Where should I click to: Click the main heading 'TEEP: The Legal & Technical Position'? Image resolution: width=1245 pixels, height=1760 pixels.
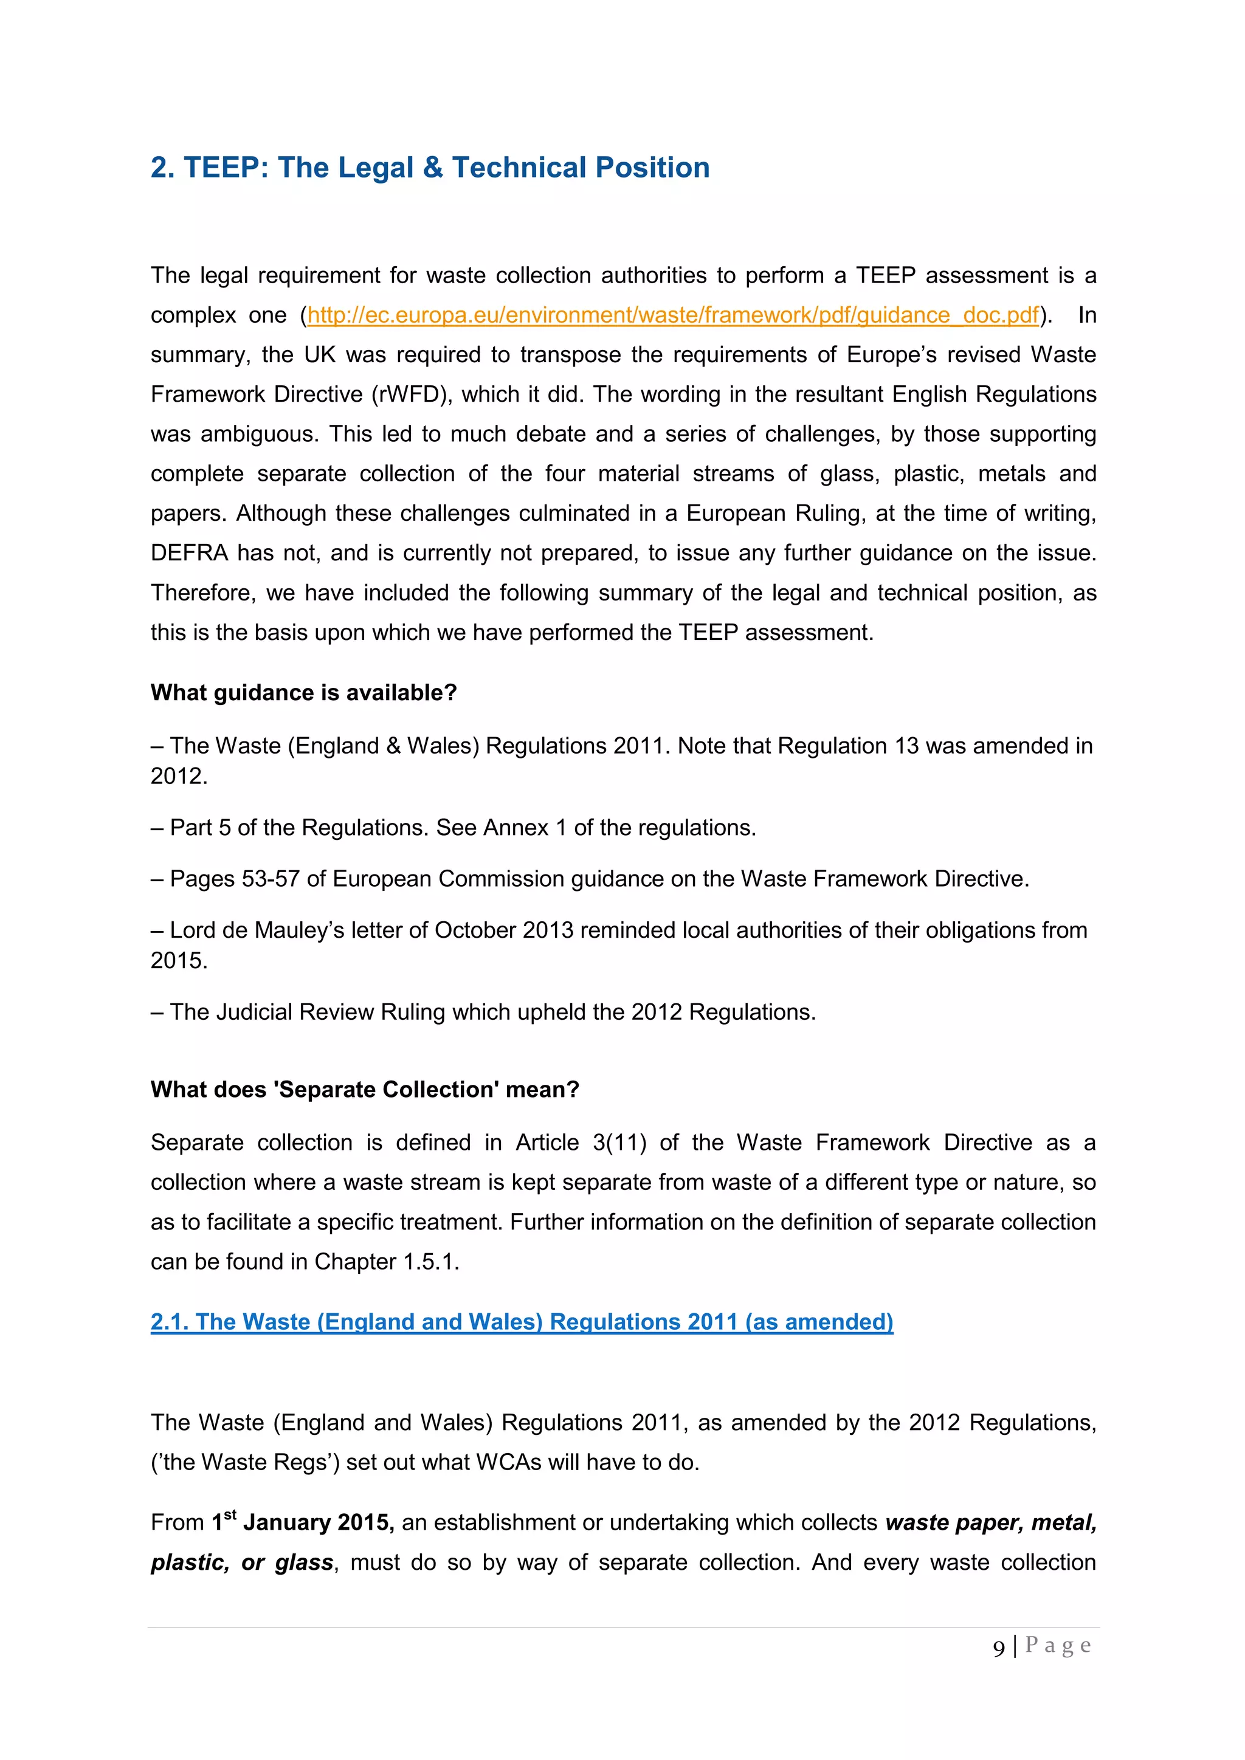(446, 167)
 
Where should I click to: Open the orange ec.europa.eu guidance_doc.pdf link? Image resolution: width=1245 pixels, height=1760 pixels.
(673, 315)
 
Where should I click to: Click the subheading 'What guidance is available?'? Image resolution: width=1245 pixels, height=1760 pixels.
(303, 692)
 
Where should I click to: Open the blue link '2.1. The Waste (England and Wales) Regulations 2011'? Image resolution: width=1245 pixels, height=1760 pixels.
(522, 1322)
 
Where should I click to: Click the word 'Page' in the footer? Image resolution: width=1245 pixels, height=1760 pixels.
(1058, 1645)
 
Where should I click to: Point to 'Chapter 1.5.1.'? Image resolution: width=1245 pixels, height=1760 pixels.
(387, 1262)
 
